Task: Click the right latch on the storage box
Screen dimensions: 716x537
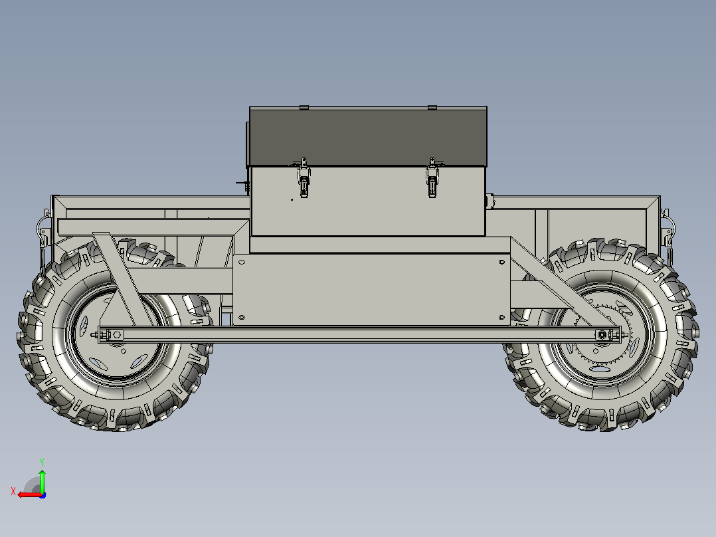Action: pyautogui.click(x=432, y=177)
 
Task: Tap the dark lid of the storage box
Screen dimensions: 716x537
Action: pyautogui.click(x=368, y=137)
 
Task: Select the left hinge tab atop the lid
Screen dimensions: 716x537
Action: pyautogui.click(x=304, y=108)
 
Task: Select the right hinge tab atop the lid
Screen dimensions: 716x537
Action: pyautogui.click(x=432, y=108)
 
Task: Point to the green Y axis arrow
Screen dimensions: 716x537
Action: pyautogui.click(x=42, y=480)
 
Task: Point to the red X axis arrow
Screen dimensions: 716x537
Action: pyautogui.click(x=30, y=494)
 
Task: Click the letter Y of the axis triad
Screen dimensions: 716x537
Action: pyautogui.click(x=42, y=463)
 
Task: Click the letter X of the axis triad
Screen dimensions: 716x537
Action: pyautogui.click(x=13, y=491)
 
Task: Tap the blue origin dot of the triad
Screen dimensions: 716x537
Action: pyautogui.click(x=43, y=495)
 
